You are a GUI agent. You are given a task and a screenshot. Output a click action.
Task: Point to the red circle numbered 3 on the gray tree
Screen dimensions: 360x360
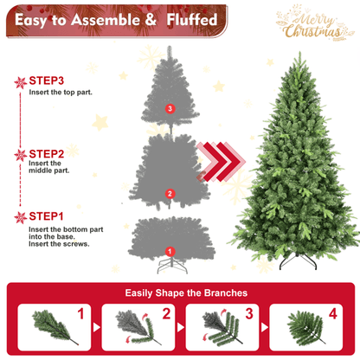coord(170,109)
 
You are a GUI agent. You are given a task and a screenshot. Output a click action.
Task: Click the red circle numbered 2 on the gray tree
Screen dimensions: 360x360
coord(170,194)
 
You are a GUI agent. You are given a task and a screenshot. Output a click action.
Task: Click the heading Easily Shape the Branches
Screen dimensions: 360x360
coord(179,293)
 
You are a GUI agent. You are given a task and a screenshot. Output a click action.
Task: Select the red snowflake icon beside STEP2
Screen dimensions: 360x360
coord(20,155)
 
